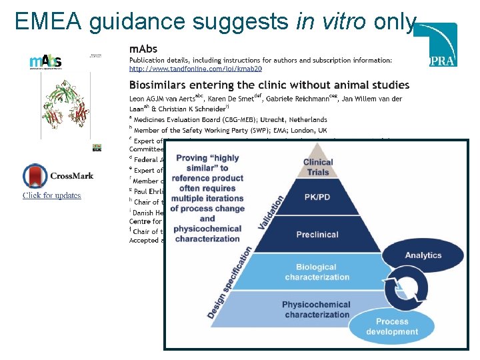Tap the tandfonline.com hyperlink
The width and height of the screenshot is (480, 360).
click(x=195, y=69)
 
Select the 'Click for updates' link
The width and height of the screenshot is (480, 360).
click(x=52, y=195)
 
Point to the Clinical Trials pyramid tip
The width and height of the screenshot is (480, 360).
click(x=317, y=167)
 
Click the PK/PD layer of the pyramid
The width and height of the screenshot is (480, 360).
click(x=317, y=198)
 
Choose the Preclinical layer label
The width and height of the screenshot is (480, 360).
click(x=317, y=234)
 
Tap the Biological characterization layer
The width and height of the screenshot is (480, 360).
click(x=317, y=272)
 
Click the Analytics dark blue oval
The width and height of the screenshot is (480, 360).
click(x=423, y=255)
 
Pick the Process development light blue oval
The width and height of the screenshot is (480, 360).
click(x=392, y=327)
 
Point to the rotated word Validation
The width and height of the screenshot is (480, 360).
click(x=271, y=212)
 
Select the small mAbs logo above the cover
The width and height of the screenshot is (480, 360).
click(x=45, y=61)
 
